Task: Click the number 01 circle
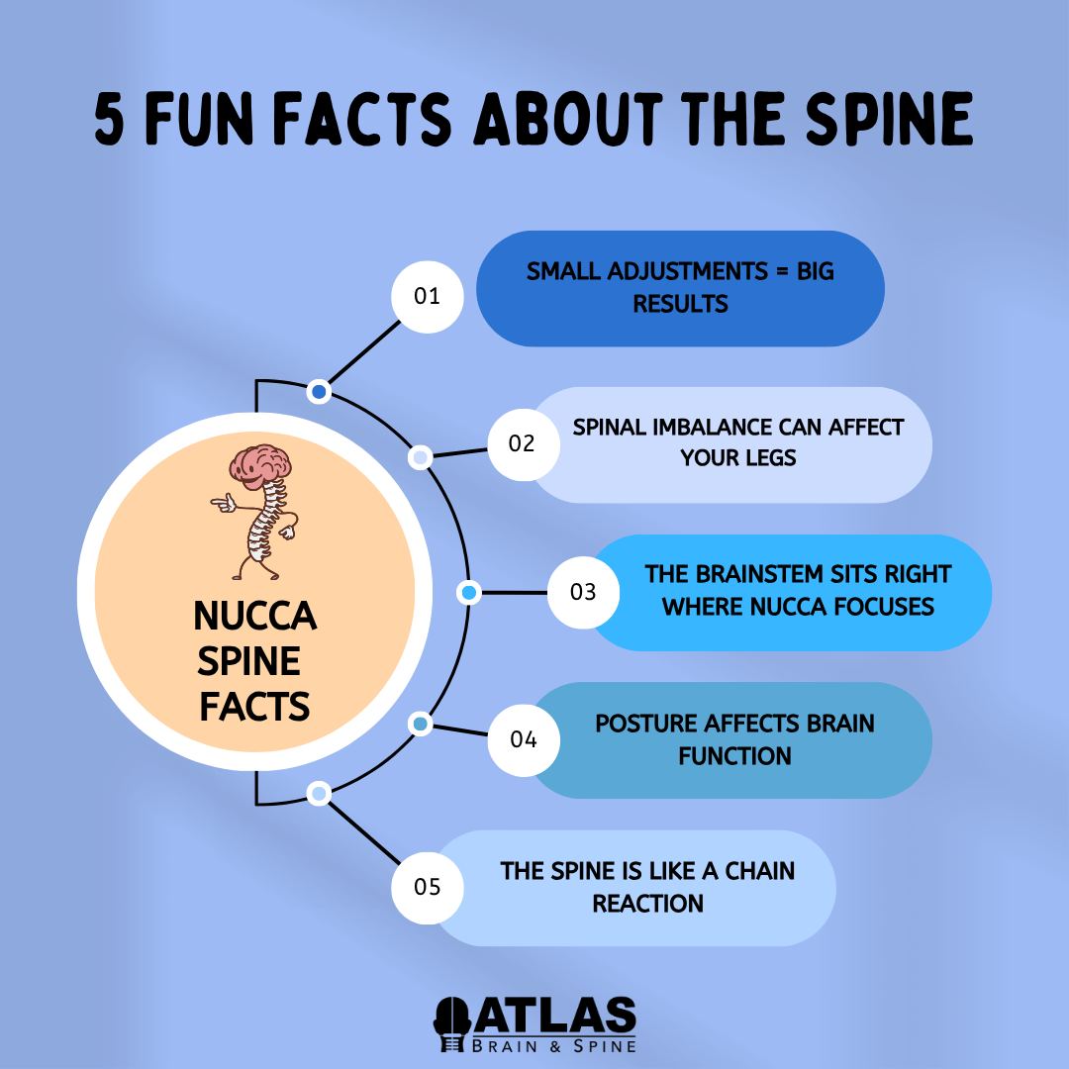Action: pos(428,297)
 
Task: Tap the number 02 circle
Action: pos(524,444)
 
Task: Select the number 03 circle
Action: pos(584,592)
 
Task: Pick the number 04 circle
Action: pos(524,739)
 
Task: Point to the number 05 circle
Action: pos(428,888)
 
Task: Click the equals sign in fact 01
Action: pos(782,271)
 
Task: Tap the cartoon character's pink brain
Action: pos(260,463)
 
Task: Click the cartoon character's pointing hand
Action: pos(223,503)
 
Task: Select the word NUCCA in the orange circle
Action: pos(255,616)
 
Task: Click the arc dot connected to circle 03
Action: pos(469,593)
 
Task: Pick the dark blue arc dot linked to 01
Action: pos(319,392)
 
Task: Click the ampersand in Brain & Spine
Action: pos(555,1046)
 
